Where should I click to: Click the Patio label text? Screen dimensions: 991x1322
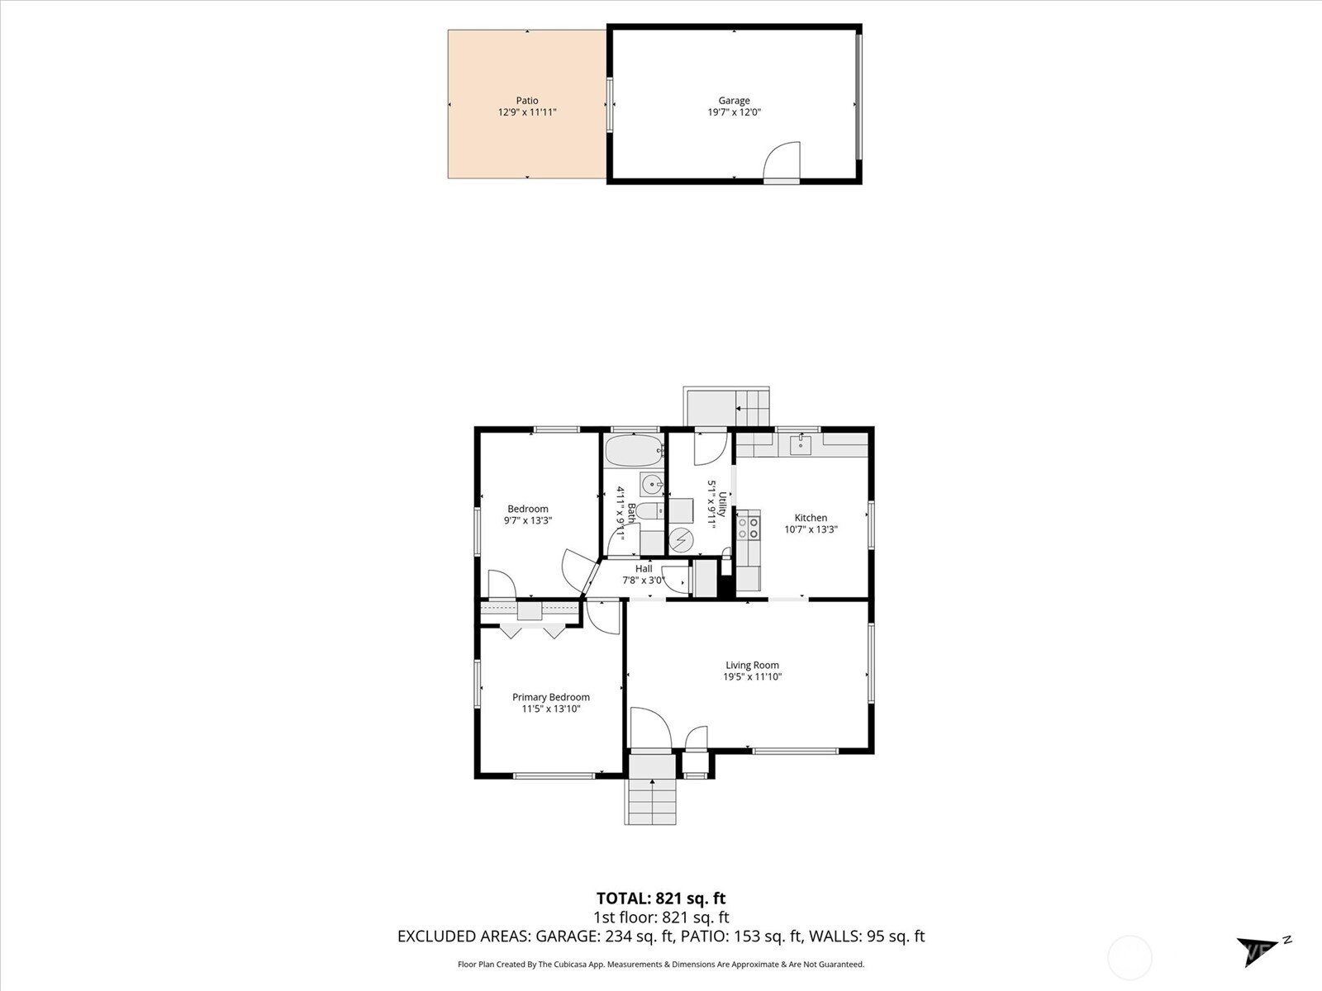pos(527,101)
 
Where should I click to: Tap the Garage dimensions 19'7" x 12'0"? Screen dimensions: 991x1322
pos(734,112)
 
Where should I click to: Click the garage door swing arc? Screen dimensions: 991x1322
pos(783,160)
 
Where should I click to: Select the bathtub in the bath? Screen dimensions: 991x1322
pos(634,452)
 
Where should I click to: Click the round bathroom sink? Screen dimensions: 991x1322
pos(652,484)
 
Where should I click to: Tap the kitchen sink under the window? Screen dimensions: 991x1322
pos(800,446)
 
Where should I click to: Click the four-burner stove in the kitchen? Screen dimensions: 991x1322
pos(749,529)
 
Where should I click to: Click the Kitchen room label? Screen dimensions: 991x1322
pos(811,518)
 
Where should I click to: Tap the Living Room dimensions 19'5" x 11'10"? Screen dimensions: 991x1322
pos(752,677)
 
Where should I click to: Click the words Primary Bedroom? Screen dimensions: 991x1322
pos(550,697)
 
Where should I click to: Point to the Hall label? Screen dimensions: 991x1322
pos(644,569)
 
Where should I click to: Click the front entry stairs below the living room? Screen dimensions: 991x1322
pos(652,800)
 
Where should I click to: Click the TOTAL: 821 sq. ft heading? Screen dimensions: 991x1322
pos(661,899)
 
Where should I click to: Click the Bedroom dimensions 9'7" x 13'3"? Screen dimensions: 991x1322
pos(527,521)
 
